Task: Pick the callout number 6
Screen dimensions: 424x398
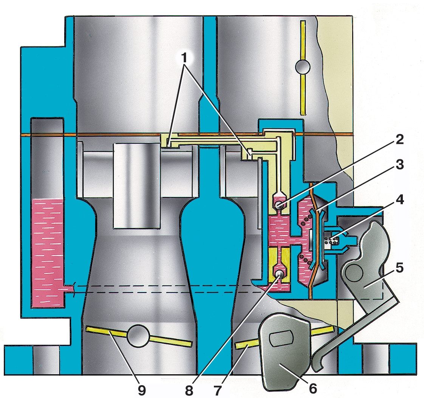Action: coord(313,389)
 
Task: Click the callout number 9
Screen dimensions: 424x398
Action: coord(141,390)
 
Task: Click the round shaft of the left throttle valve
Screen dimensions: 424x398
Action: coord(138,336)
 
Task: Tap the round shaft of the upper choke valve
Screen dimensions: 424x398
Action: coord(303,66)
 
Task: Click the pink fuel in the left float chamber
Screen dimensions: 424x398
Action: coord(47,253)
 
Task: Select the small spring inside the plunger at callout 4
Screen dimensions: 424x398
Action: coord(333,240)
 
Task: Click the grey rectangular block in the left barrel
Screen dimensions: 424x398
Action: coord(136,186)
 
